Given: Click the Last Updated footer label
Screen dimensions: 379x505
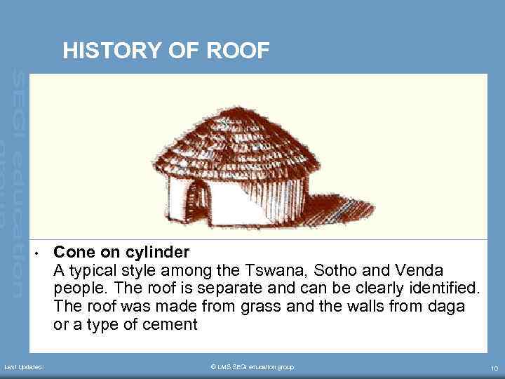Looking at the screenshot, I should click(x=24, y=367).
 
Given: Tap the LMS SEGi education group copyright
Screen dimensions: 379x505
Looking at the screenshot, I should click(x=252, y=367).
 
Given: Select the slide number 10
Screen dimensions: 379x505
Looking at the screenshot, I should click(x=494, y=368).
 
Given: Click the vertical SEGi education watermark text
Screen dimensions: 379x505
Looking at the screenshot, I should click(x=18, y=182).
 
